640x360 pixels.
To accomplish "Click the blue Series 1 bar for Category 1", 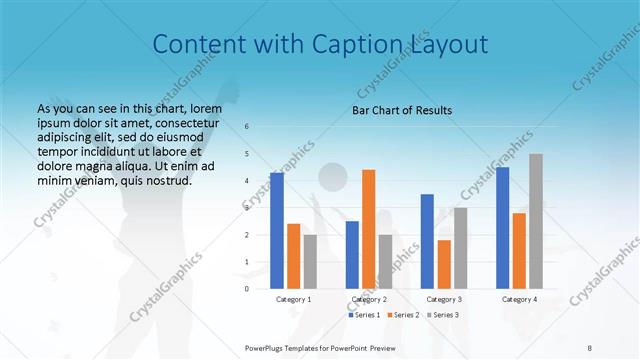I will tap(276, 230).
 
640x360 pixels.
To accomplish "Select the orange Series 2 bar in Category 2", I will tap(369, 229).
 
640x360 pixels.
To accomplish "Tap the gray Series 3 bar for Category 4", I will tap(536, 221).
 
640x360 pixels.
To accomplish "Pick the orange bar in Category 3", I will tap(444, 264).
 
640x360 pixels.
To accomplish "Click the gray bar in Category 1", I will tap(310, 261).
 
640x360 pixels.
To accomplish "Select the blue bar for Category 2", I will tap(352, 254).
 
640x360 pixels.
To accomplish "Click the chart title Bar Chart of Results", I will tap(403, 110).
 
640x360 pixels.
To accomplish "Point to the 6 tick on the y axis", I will tap(247, 126).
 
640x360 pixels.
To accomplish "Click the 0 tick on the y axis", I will tap(247, 289).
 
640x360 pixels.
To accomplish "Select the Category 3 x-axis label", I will tap(444, 299).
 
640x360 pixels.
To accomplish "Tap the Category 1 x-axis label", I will tap(293, 299).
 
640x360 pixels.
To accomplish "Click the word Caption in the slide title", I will tap(354, 44).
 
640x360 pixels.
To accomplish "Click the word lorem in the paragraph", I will tap(205, 108).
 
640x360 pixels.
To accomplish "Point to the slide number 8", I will tap(589, 347).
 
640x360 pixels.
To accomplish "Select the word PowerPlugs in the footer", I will tap(266, 347).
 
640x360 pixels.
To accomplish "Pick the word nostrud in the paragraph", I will tap(167, 180).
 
